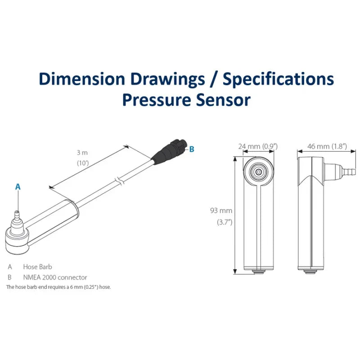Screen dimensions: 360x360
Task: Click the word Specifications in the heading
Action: (x=279, y=79)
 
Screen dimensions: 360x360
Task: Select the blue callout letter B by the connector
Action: (x=192, y=149)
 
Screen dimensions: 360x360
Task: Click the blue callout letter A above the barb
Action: (x=18, y=186)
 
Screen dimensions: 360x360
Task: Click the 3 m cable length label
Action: (x=82, y=153)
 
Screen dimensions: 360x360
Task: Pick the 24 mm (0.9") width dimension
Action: (x=258, y=146)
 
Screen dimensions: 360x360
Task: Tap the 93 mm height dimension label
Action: (x=221, y=210)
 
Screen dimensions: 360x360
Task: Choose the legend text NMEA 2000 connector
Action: (x=55, y=277)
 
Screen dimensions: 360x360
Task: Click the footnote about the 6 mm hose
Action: (x=58, y=287)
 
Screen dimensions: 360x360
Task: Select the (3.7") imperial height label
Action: (x=224, y=222)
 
